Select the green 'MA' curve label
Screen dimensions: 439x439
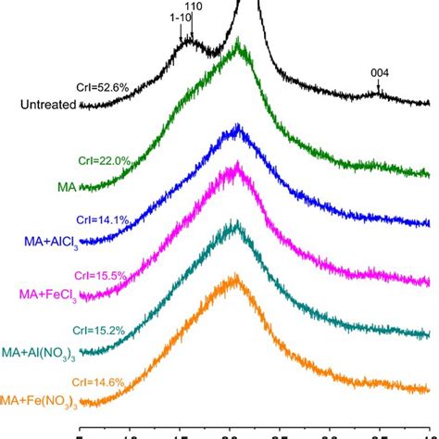tap(67, 186)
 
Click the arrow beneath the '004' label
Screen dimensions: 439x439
tap(378, 90)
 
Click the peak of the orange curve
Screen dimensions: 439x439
tap(235, 275)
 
